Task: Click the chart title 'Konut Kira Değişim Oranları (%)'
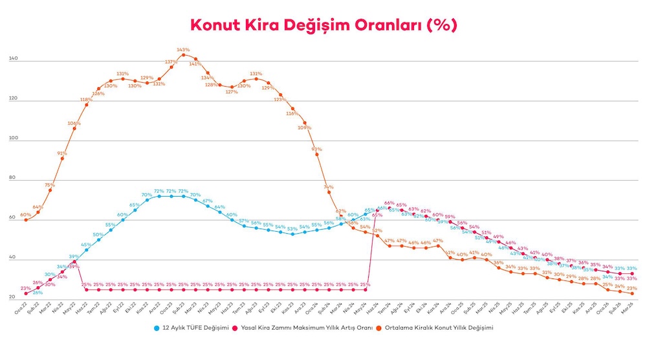tap(323, 24)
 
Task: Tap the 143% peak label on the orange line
tap(183, 49)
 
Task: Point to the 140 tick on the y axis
tap(13, 60)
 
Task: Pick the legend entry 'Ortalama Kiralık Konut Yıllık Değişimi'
tap(438, 328)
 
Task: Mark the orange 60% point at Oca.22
tap(26, 220)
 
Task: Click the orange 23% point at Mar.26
tap(632, 294)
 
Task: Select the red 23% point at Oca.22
tap(26, 294)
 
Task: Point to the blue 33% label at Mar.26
tap(632, 268)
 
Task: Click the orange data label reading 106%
tap(74, 123)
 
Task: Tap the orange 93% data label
tap(317, 149)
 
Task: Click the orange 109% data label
tap(304, 127)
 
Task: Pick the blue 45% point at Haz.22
tap(86, 250)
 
